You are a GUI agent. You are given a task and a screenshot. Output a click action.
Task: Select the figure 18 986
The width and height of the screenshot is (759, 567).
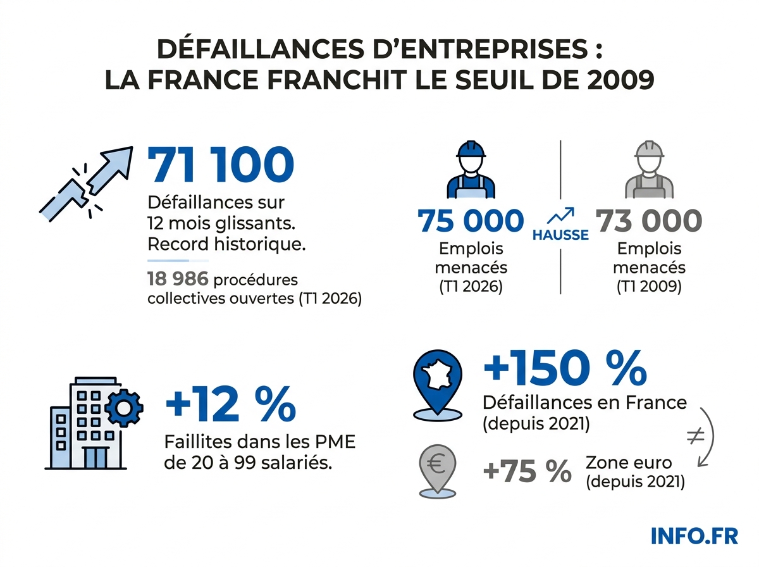tap(178, 279)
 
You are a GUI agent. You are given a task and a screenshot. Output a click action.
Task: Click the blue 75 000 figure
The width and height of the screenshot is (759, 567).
tap(471, 221)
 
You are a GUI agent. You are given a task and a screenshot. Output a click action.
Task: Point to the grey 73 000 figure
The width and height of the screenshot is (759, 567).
tap(649, 221)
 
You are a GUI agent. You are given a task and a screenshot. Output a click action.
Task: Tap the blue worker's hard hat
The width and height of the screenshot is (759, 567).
tap(471, 149)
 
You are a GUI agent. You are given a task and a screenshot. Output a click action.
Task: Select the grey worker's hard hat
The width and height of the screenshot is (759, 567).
tap(649, 149)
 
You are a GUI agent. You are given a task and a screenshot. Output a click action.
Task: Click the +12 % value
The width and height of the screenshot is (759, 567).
tap(230, 405)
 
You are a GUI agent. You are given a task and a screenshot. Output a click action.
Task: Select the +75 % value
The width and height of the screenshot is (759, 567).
tap(527, 471)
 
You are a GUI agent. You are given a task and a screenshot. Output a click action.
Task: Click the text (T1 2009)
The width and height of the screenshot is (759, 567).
tap(649, 286)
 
